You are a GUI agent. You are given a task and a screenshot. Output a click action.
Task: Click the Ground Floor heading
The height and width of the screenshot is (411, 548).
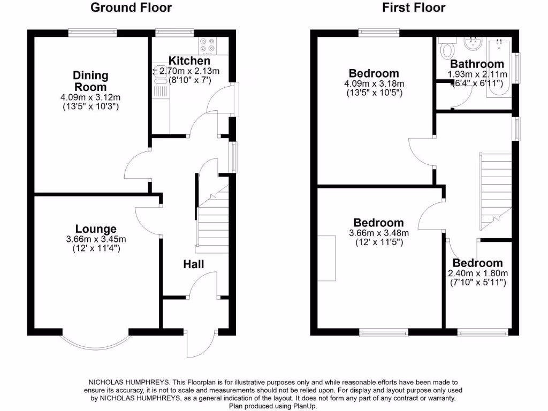(x=131, y=7)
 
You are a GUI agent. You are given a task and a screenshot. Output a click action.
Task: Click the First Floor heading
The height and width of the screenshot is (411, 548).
(x=414, y=7)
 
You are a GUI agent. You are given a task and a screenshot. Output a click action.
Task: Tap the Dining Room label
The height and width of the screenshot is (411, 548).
(x=90, y=81)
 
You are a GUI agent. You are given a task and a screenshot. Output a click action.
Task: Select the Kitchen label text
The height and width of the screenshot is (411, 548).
(x=186, y=60)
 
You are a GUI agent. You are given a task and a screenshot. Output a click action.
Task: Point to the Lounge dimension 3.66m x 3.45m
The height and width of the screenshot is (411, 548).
(x=96, y=239)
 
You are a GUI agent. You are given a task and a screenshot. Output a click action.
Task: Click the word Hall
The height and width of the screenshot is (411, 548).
(x=194, y=264)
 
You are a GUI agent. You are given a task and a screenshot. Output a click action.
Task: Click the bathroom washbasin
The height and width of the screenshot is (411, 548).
(x=474, y=42)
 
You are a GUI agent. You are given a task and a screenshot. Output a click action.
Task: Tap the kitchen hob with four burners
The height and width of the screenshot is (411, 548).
(x=207, y=46)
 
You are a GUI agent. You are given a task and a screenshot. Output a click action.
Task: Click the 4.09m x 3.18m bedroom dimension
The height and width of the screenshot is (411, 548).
(x=374, y=84)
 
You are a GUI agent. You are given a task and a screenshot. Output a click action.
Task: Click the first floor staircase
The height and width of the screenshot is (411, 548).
(x=495, y=187)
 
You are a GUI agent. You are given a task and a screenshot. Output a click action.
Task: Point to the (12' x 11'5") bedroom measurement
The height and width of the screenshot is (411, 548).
(x=378, y=242)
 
